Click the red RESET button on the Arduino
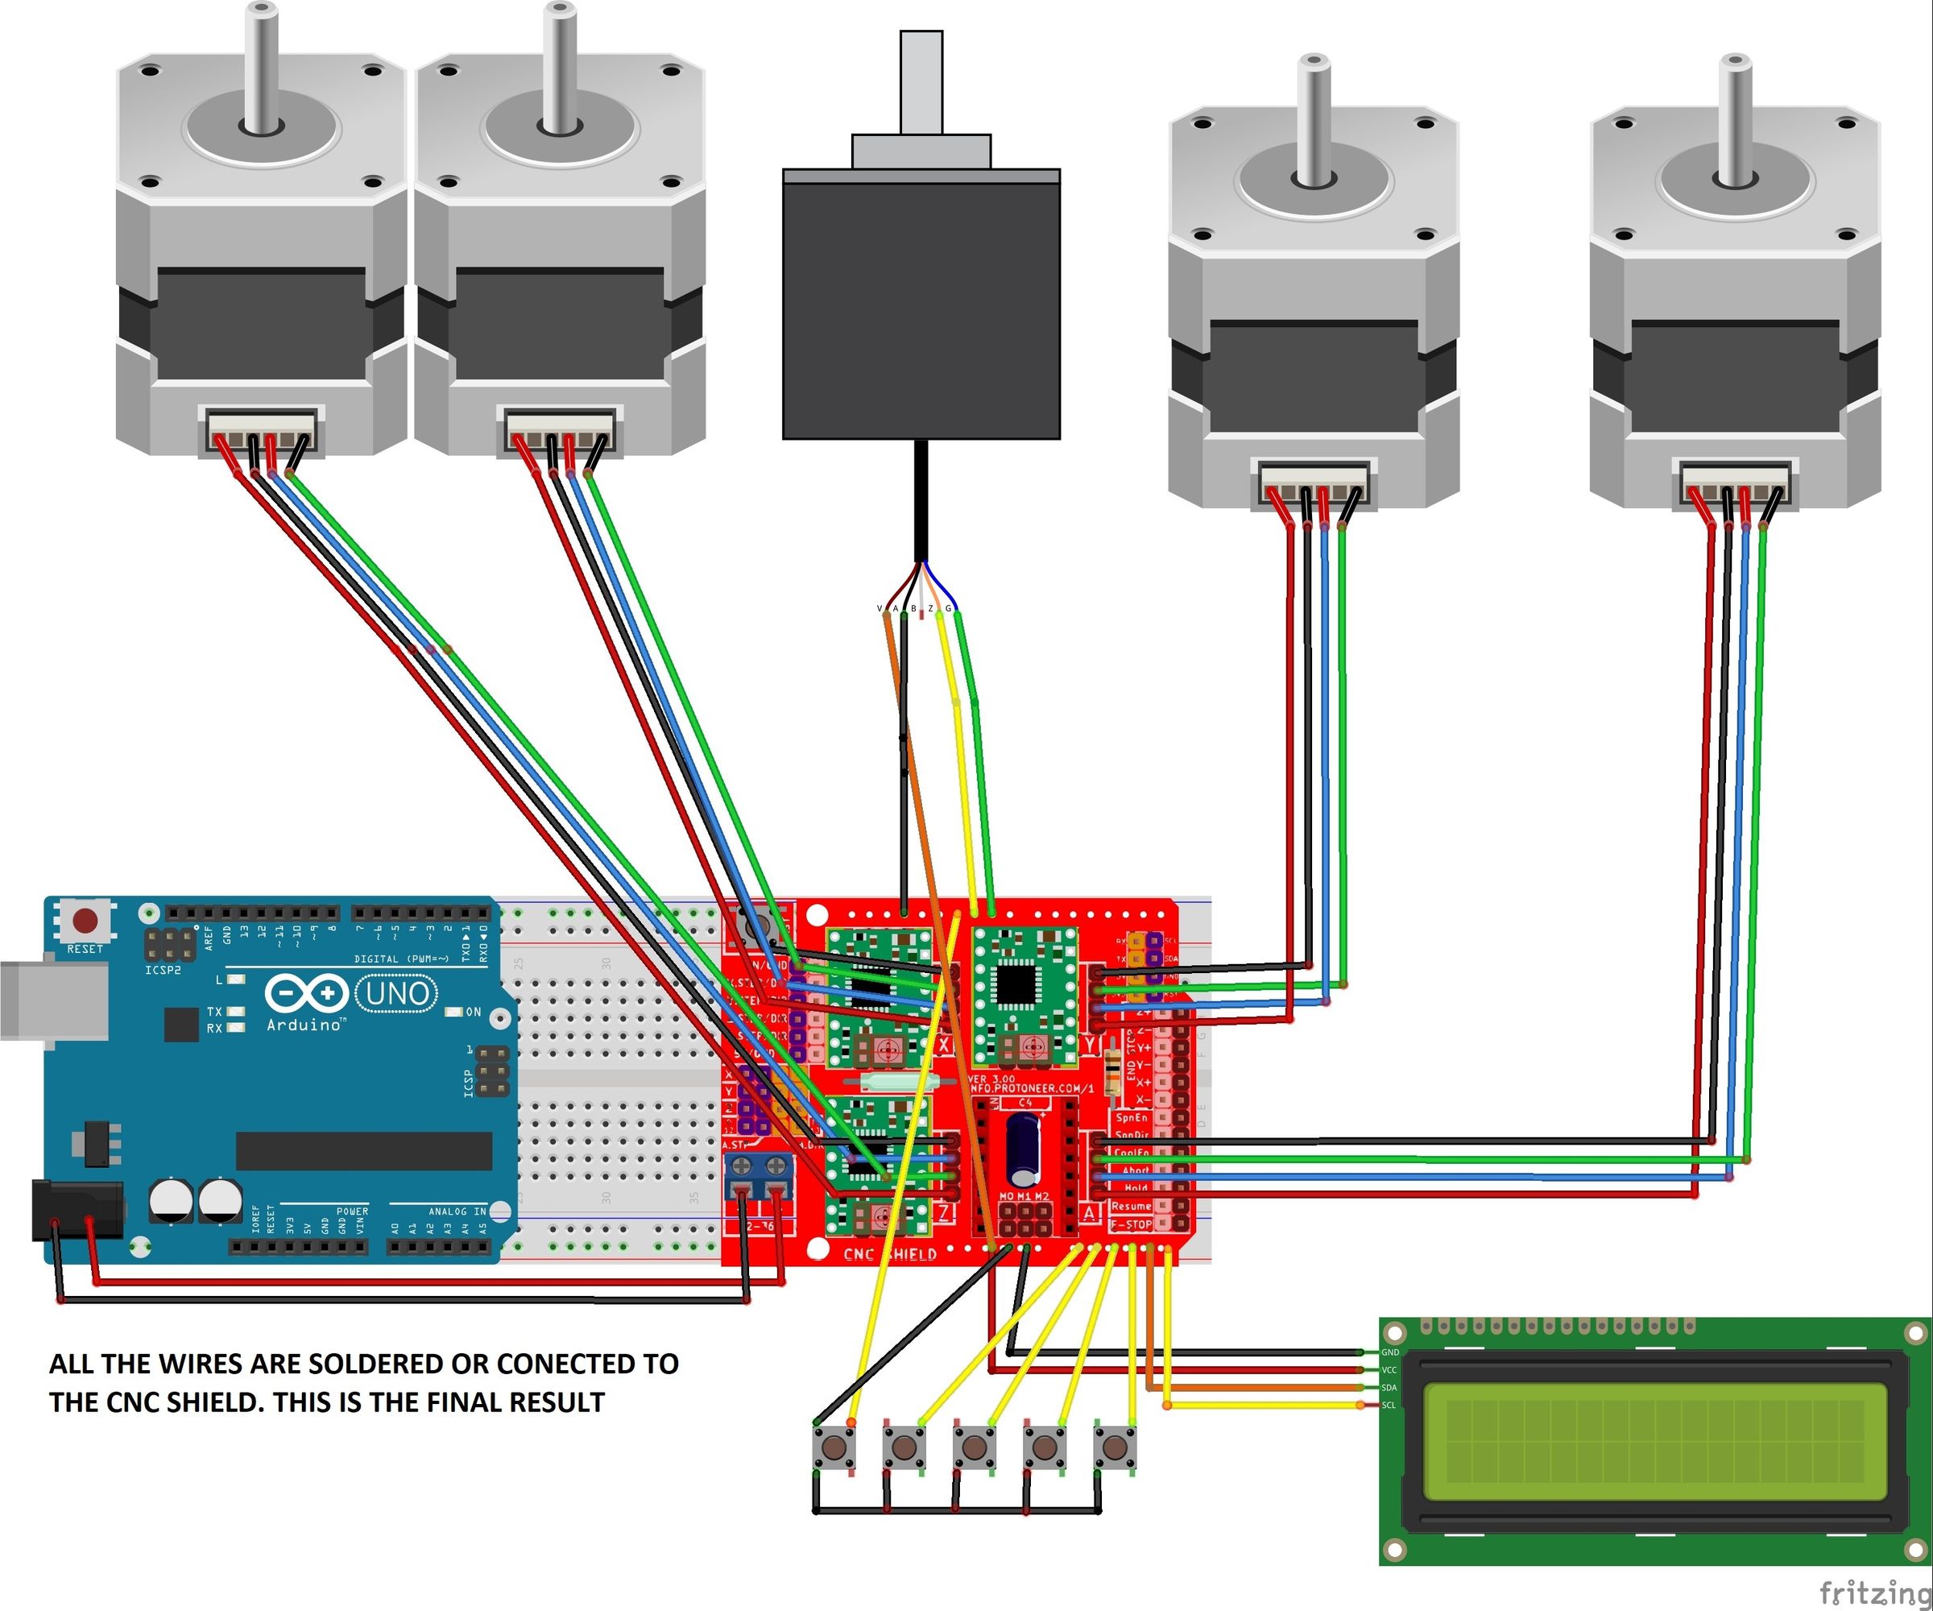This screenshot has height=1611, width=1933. click(x=85, y=920)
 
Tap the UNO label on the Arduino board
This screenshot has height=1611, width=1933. click(x=397, y=993)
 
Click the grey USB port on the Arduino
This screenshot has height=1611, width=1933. click(x=51, y=1000)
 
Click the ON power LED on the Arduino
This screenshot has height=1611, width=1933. click(x=453, y=1012)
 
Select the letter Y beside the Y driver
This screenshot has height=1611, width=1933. click(x=1091, y=1045)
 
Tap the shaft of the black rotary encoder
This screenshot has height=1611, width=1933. click(x=921, y=83)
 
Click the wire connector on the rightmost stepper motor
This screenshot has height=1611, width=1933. click(x=1735, y=483)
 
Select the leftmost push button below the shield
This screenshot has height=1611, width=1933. click(x=834, y=1448)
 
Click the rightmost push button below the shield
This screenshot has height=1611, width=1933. click(x=1115, y=1448)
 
